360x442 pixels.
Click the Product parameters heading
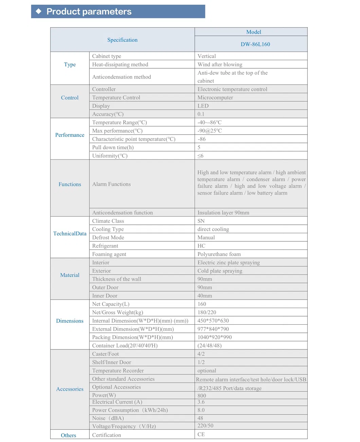89,12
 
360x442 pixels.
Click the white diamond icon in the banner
39,11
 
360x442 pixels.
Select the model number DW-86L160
255,44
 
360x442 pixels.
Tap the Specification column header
122,40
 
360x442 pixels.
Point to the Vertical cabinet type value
206,56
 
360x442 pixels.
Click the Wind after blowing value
220,65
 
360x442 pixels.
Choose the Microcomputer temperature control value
215,98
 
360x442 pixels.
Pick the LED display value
203,106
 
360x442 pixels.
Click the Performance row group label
70,135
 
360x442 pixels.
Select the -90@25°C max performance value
210,131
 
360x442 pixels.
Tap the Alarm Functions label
111,184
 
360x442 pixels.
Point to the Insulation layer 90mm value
223,213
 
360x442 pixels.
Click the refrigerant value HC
201,246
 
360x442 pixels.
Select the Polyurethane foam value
219,254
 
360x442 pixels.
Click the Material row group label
70,275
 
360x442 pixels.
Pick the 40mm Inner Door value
204,296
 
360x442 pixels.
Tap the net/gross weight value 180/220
206,312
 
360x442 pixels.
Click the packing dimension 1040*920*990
214,337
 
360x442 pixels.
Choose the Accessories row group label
70,389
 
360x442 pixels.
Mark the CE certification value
201,435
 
